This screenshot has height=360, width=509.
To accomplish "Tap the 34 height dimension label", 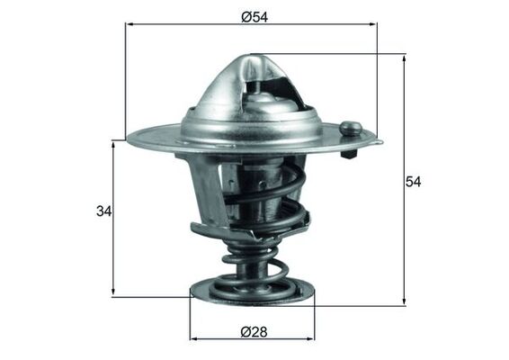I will [103, 212].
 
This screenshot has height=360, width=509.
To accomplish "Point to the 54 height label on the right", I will [413, 182].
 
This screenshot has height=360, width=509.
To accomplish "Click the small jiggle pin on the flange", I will [352, 131].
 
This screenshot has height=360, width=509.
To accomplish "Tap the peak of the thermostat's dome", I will [250, 58].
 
